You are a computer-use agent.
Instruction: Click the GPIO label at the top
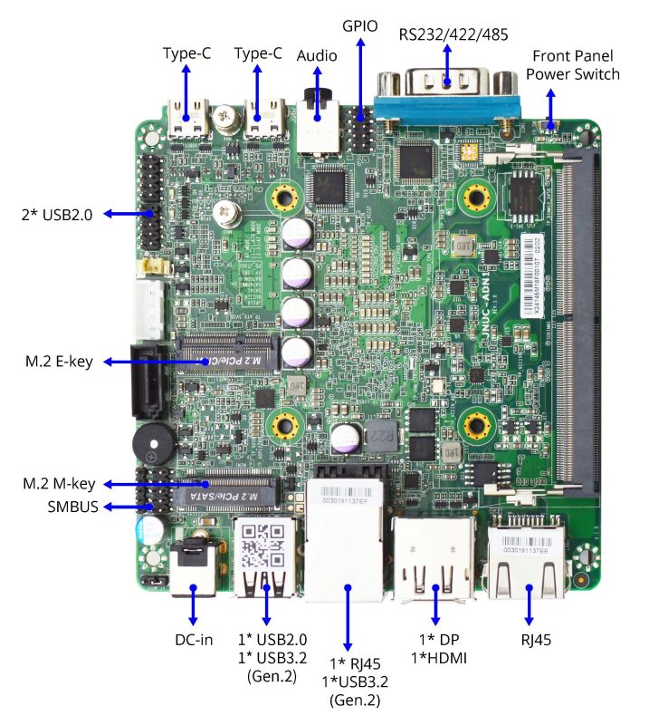click(361, 27)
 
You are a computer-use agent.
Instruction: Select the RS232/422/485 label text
click(453, 34)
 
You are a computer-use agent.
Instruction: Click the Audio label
click(317, 56)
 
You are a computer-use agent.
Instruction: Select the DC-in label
click(194, 640)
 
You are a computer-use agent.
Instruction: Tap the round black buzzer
click(151, 444)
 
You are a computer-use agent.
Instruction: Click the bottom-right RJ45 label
click(530, 640)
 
